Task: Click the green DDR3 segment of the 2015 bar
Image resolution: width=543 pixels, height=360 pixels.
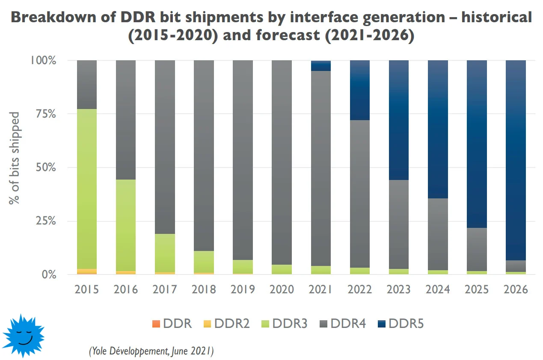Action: [x=87, y=189]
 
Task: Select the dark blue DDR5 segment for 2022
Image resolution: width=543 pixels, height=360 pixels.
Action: [x=360, y=90]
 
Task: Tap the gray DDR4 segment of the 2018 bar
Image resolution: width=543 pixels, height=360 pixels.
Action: [x=204, y=156]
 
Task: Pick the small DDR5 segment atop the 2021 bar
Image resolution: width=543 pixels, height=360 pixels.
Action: [x=321, y=66]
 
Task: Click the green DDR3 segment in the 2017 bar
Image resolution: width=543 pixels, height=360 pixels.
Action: [x=165, y=253]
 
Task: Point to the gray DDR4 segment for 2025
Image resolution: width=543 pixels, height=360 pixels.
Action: [x=477, y=249]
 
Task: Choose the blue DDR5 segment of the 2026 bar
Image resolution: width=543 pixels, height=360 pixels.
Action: [x=516, y=160]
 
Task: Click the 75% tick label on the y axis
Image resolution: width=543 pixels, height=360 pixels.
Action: [x=46, y=114]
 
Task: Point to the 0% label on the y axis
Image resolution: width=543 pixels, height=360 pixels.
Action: [x=49, y=275]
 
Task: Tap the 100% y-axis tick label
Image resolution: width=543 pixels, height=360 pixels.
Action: [x=43, y=60]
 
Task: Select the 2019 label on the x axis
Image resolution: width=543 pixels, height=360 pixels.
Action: [x=243, y=289]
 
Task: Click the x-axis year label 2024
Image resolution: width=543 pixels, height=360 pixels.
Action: [x=438, y=289]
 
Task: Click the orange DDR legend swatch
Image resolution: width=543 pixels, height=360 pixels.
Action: [x=156, y=324]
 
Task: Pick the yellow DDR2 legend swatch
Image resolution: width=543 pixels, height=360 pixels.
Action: [x=207, y=324]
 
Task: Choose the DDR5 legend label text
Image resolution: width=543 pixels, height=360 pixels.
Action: [x=406, y=324]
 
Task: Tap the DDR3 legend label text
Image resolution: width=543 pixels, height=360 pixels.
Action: [x=290, y=324]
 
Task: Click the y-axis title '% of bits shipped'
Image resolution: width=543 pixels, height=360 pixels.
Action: [x=14, y=158]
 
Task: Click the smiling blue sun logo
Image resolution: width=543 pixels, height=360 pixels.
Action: [x=23, y=336]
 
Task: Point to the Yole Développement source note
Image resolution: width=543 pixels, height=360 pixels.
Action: [x=151, y=351]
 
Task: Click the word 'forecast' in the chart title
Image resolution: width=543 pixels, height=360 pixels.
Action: [x=288, y=35]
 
